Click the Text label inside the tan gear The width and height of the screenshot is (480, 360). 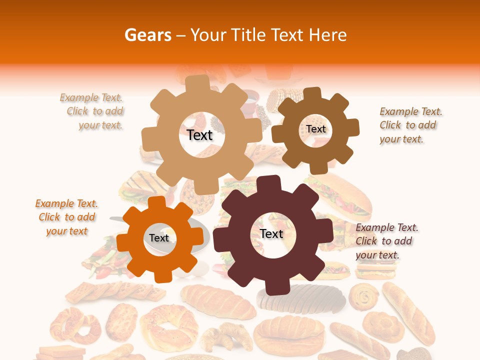(199, 135)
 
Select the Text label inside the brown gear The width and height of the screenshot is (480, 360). (315, 129)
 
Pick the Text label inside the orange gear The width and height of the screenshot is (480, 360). (159, 238)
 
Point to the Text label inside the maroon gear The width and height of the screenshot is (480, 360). (271, 233)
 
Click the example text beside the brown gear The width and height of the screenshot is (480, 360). (410, 125)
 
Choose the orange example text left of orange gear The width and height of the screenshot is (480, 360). (66, 217)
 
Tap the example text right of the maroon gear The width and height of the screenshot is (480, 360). (386, 241)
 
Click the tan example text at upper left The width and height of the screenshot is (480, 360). (93, 111)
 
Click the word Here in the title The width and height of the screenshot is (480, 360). (327, 35)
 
